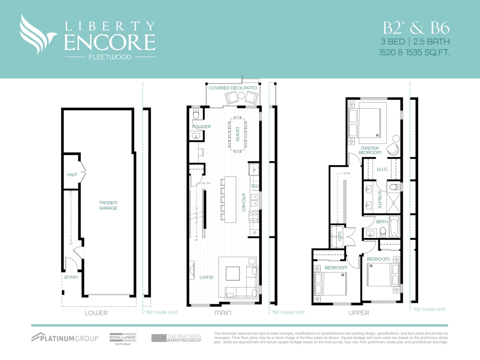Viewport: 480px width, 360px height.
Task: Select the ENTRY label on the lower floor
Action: pos(71,277)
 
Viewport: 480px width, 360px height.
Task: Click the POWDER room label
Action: pos(201,127)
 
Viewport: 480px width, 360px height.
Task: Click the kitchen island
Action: pos(231,200)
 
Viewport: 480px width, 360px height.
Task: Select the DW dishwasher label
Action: pos(254,186)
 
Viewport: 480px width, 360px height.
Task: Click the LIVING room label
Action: pos(207,277)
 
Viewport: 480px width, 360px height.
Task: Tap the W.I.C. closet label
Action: pos(383,169)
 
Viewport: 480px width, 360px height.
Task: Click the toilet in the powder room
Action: pos(196,115)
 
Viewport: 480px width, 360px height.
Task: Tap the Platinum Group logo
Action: pos(65,338)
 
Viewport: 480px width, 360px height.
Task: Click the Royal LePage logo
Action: pos(123,338)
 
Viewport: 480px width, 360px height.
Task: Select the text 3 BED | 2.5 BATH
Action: pos(415,41)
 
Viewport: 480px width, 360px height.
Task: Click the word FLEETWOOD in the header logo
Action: pos(110,57)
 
